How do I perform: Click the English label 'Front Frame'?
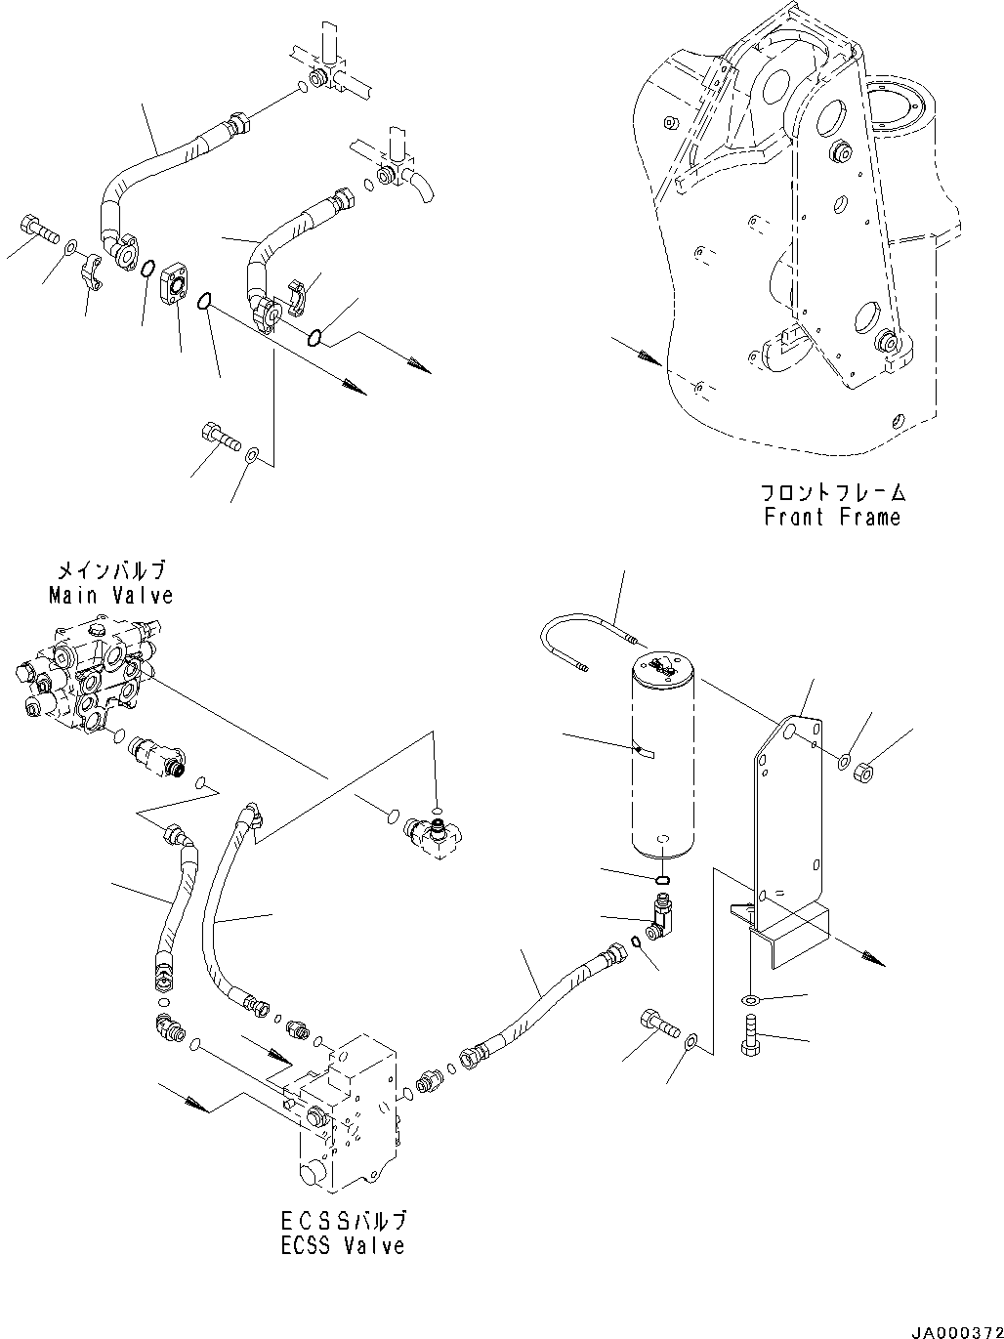coord(831,517)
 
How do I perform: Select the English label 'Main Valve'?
coord(110,594)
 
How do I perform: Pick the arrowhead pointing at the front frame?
coord(647,358)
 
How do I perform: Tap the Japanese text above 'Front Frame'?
coord(832,492)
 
